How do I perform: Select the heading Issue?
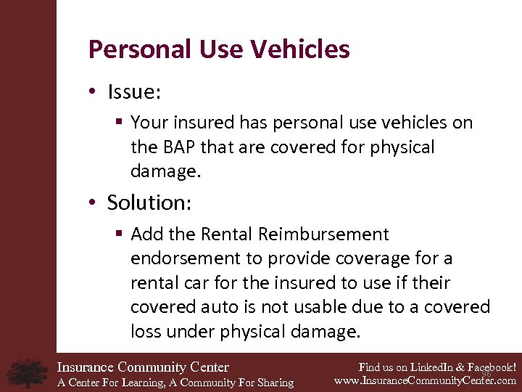[x=135, y=92]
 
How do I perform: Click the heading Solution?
[x=149, y=203]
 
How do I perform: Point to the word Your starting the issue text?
[x=149, y=123]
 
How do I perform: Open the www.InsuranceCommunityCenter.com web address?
[x=425, y=380]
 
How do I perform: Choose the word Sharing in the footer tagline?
[x=273, y=383]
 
